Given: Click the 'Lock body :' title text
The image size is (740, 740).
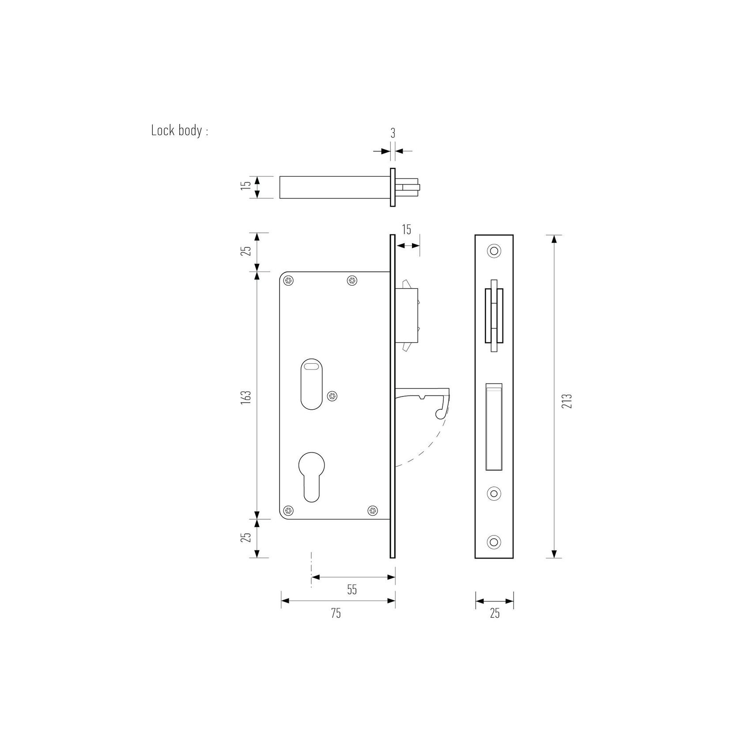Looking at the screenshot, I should [179, 131].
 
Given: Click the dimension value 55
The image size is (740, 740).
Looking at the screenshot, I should [351, 589].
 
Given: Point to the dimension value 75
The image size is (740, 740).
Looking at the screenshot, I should [336, 613].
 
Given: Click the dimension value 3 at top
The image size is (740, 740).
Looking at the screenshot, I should [393, 133].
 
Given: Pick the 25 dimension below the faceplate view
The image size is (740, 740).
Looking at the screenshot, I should [495, 613].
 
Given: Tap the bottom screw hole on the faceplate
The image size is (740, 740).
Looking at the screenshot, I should [494, 542].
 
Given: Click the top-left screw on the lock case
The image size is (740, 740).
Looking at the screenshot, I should [288, 280].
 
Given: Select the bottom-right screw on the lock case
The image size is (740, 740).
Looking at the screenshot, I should [374, 511].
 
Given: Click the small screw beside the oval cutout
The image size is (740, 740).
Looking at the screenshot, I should [332, 396].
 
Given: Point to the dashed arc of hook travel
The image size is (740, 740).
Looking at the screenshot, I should [430, 446].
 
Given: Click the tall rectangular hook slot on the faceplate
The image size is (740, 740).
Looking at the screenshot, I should [494, 427].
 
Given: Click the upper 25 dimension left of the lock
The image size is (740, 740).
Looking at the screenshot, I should [247, 250].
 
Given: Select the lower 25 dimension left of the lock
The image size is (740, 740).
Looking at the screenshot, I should [247, 537].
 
